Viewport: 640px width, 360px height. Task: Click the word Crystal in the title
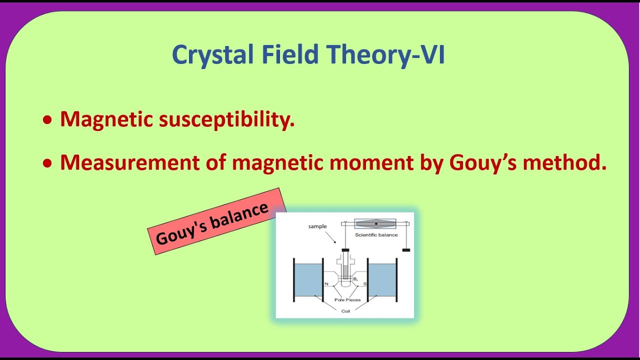click(213, 55)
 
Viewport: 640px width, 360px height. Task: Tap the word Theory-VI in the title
click(385, 54)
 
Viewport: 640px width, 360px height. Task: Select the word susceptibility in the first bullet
click(226, 119)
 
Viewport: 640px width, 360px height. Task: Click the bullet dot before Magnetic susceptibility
click(47, 120)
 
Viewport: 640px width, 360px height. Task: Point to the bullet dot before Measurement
click(47, 163)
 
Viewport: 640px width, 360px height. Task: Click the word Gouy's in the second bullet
click(482, 163)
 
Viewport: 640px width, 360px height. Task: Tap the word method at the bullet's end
click(564, 162)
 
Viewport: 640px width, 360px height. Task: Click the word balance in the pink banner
click(239, 216)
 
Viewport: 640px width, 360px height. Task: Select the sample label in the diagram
click(317, 226)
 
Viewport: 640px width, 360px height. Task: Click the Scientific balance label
click(376, 235)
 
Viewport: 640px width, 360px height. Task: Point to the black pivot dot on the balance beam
click(376, 223)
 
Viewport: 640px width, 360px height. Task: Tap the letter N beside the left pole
click(326, 283)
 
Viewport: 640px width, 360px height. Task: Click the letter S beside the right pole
click(365, 283)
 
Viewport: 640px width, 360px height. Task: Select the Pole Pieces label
click(347, 299)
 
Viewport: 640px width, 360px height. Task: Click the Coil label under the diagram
click(345, 311)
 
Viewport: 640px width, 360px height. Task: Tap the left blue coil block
click(308, 280)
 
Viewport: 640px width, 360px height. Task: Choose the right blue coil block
click(382, 280)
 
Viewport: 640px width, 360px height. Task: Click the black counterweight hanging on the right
click(406, 250)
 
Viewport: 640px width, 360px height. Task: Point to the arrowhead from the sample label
click(335, 242)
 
